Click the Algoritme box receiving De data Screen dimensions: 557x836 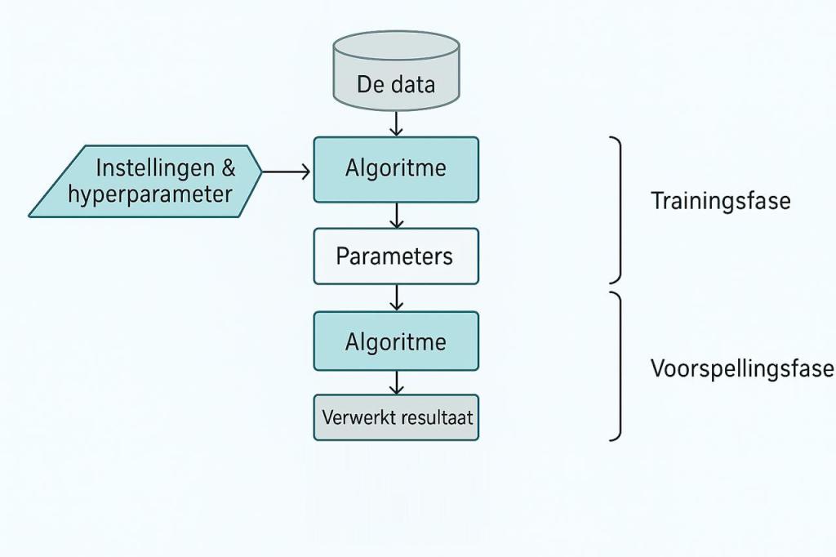(396, 169)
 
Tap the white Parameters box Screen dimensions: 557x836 (396, 256)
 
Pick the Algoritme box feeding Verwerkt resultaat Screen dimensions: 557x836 (396, 341)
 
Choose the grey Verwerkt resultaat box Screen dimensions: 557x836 (396, 417)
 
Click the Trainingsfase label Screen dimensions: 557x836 (720, 201)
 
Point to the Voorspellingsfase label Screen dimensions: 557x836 (741, 368)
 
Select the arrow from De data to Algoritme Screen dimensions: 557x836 (396, 123)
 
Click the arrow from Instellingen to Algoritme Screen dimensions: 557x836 (287, 172)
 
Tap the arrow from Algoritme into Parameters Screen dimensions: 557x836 (396, 216)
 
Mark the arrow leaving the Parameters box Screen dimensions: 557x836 (396, 297)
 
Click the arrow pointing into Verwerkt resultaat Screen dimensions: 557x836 (396, 382)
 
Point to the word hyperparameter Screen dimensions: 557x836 (150, 194)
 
